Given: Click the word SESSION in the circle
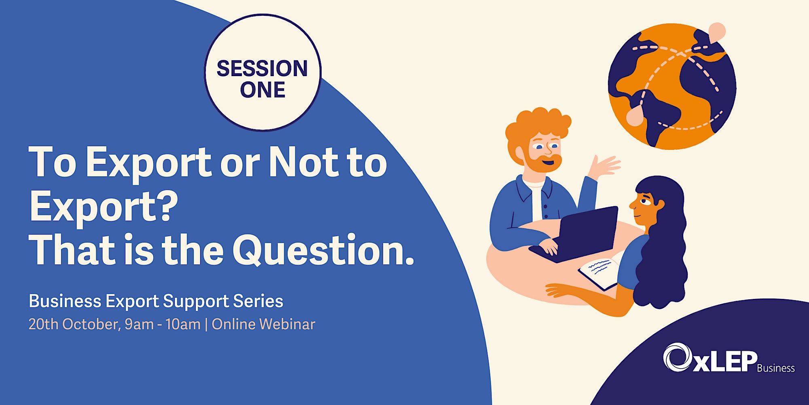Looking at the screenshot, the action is click(262, 68).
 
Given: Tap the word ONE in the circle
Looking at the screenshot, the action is click(263, 90).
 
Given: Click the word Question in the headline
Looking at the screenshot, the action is click(323, 250).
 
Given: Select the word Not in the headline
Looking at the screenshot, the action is click(304, 162).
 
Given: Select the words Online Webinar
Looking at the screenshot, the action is click(263, 324).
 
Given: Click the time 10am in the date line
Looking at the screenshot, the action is click(183, 324).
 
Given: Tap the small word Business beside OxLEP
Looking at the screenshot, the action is click(776, 368).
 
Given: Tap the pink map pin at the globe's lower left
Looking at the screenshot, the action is click(635, 115).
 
